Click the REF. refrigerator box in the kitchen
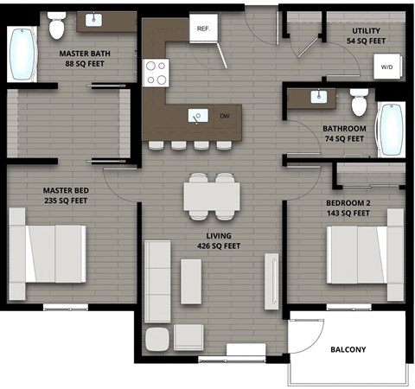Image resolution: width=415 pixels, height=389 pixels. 204,29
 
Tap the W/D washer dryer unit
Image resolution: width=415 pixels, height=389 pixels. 386,67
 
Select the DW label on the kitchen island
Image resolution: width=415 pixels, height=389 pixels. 225,116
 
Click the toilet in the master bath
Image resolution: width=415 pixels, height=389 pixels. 58,26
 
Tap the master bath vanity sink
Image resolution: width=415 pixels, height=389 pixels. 93,20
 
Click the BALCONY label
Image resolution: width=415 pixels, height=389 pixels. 348,349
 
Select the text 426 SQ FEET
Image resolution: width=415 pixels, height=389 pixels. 218,246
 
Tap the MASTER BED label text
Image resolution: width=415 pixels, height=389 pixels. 65,190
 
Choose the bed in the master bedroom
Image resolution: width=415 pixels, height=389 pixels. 49,253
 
